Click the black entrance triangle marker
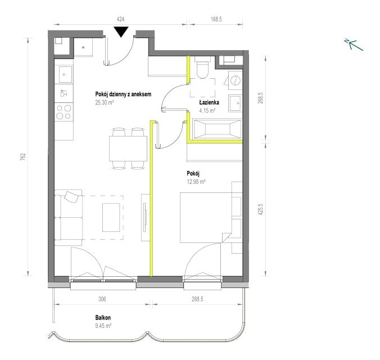coord(121,31)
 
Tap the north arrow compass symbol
coord(354,44)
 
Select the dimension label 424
coord(120,19)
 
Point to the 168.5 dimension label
coord(216,19)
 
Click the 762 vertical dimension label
coord(23,157)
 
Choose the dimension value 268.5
coord(260,97)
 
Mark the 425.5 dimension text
coord(260,210)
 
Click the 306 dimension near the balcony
coord(102,299)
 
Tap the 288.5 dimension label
coord(197,299)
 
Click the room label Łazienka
coord(209,102)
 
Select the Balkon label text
coord(103,318)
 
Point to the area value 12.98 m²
coord(196,182)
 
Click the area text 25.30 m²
coord(105,102)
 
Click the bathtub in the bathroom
coord(218,129)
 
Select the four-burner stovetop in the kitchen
coord(64,112)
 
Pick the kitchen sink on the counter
coord(64,74)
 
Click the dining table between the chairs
coord(128,148)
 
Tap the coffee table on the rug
coord(111,217)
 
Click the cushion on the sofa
coord(71,196)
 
